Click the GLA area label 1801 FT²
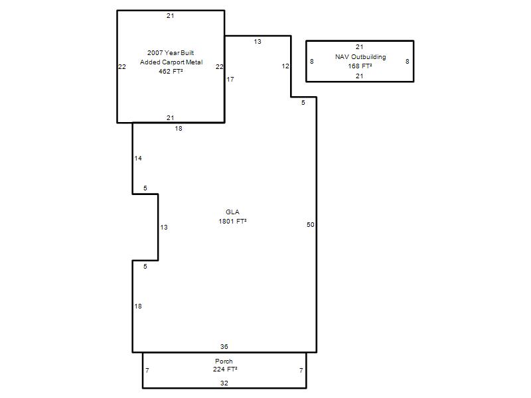232,222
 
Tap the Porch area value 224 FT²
225,369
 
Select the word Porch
224,361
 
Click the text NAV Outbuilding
360,57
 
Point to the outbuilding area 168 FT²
360,66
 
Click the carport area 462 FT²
171,71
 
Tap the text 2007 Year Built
171,53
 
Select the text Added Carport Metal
171,62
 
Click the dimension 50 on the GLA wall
311,225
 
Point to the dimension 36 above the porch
224,346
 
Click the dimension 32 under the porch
224,383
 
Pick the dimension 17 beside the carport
230,79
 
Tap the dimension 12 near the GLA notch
285,66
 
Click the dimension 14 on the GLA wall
138,158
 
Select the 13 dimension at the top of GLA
258,42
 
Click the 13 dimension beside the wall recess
164,228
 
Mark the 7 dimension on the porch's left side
147,371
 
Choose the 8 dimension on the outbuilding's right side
408,62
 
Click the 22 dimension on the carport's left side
122,67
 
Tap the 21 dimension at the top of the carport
171,15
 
